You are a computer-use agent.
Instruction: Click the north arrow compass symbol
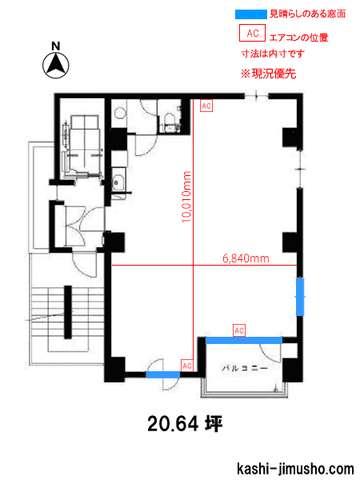tap(56, 66)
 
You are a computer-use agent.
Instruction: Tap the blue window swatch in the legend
tap(250, 14)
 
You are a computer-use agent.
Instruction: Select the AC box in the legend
tap(252, 33)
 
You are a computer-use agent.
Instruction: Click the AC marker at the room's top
tap(206, 106)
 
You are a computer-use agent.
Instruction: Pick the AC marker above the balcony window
tap(239, 330)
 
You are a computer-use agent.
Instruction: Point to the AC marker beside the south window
tap(187, 366)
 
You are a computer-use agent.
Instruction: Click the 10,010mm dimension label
tap(186, 197)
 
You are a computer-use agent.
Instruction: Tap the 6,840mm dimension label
tap(246, 258)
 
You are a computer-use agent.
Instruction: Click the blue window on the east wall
tap(300, 297)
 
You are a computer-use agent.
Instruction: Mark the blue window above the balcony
tap(244, 341)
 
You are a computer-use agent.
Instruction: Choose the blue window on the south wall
tap(163, 374)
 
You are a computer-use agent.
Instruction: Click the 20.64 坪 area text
tap(185, 424)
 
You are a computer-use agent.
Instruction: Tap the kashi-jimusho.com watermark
tap(295, 469)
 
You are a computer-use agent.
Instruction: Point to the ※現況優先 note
tap(269, 74)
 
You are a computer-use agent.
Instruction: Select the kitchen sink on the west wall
tap(118, 183)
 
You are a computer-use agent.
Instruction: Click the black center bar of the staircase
tap(68, 312)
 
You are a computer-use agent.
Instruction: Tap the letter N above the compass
tap(56, 46)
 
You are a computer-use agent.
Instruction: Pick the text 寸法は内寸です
tap(273, 54)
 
